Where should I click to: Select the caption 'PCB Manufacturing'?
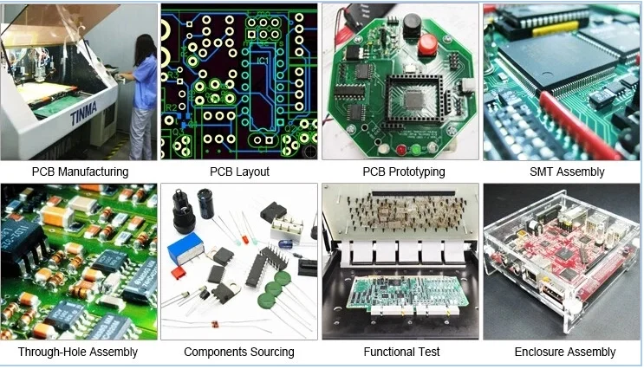pyautogui.click(x=80, y=172)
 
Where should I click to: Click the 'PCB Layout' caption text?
pyautogui.click(x=239, y=172)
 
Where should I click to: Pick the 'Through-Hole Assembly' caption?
pyautogui.click(x=78, y=352)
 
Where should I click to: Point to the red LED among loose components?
pyautogui.click(x=245, y=237)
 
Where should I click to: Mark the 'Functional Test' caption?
pyautogui.click(x=401, y=352)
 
